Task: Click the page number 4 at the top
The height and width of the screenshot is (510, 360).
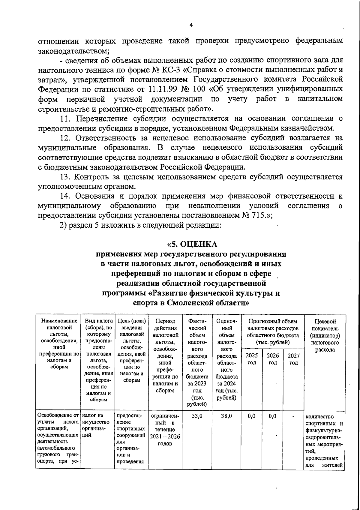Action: tap(191, 25)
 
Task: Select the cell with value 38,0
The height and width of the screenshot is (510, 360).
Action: tap(226, 416)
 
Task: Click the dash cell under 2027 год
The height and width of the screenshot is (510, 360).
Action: tap(293, 416)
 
